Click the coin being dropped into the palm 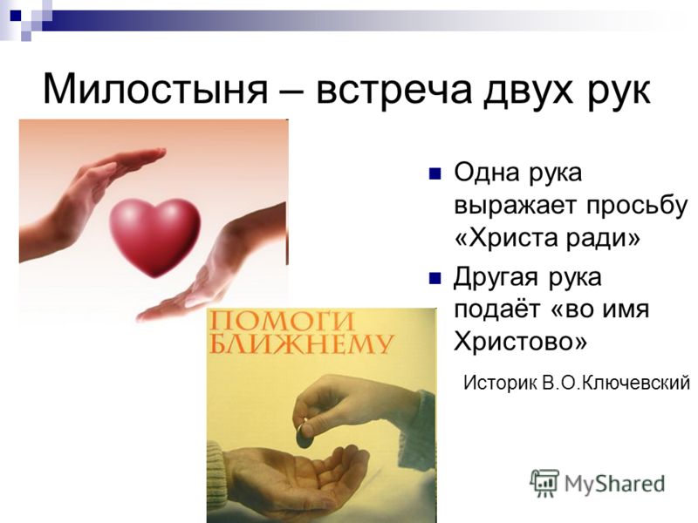coord(305,438)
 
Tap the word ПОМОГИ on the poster coord(281,321)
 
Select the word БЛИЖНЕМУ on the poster coord(301,343)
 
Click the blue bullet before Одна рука coord(435,173)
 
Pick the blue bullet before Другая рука coord(435,278)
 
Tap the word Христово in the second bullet coord(520,342)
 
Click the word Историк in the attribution coord(500,383)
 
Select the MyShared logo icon coord(544,483)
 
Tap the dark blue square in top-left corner coord(16,15)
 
